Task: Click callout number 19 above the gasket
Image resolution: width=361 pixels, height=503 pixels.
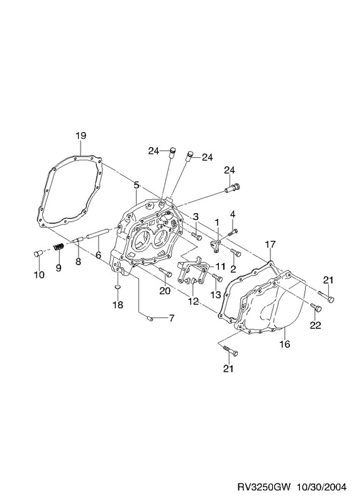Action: (x=81, y=136)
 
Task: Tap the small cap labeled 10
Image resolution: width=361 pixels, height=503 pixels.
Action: (x=38, y=254)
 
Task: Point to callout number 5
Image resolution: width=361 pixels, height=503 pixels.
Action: (x=136, y=185)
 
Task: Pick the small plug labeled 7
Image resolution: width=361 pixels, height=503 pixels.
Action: (x=150, y=318)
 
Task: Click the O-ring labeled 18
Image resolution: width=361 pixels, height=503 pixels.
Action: (x=117, y=286)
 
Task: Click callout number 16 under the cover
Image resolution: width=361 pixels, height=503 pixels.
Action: (x=285, y=344)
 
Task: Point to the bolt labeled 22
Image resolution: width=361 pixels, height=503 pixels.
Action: (x=316, y=307)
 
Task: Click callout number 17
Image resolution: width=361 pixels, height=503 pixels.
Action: (x=270, y=245)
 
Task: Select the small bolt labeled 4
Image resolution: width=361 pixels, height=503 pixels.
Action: (x=233, y=231)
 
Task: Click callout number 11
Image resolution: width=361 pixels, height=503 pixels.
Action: (x=221, y=266)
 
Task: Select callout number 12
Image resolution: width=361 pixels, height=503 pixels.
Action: (x=193, y=301)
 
